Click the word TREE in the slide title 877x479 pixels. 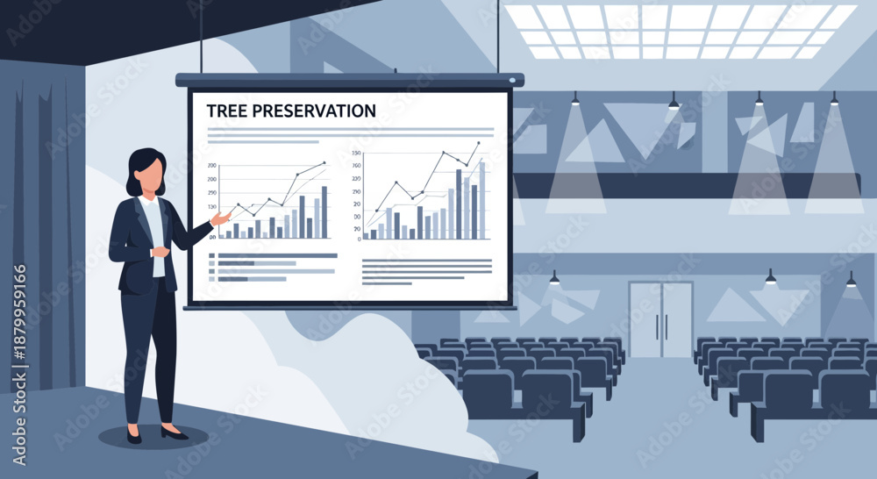[225, 111]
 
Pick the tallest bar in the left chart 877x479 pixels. [324, 212]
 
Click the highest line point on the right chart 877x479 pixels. [479, 143]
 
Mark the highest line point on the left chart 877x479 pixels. [324, 162]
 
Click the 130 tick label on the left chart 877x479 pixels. [212, 207]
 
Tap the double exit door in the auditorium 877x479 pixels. [660, 320]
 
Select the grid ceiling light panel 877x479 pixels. [680, 31]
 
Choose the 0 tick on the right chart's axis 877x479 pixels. [359, 239]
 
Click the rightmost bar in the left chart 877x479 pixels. [324, 212]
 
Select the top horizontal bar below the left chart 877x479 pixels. [277, 255]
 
